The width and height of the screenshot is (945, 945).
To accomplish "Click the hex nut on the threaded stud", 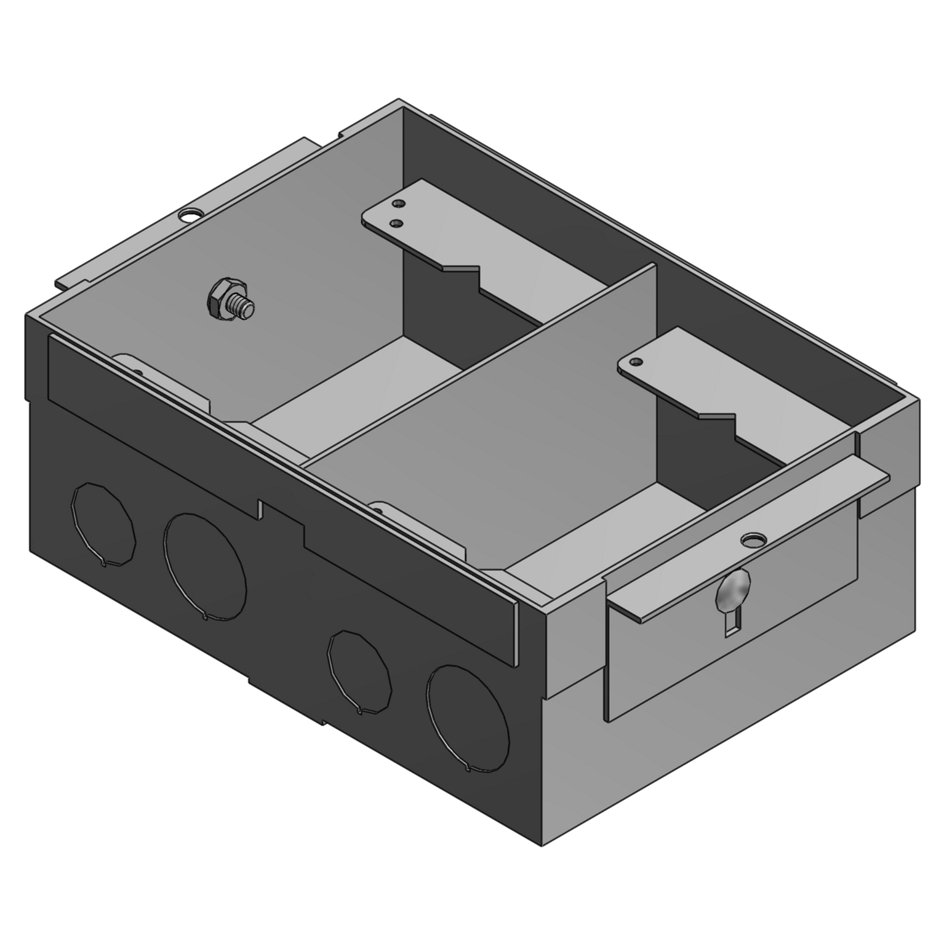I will coord(218,298).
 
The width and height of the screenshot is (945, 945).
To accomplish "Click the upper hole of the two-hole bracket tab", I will coord(397,203).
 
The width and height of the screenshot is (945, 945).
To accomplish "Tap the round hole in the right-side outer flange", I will coord(750,540).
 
